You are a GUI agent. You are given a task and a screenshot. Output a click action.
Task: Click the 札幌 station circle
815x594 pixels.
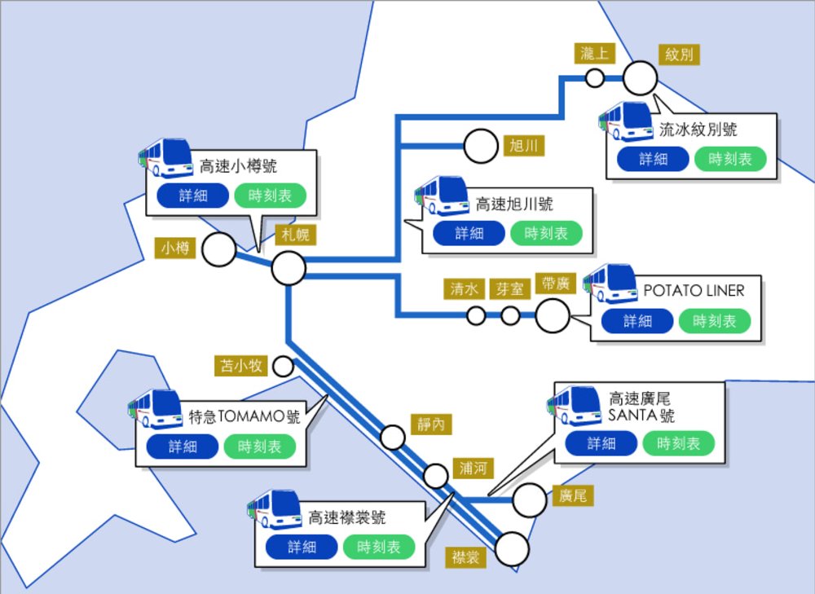[x=289, y=267]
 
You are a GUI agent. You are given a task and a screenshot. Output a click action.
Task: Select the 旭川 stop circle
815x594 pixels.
[x=480, y=147]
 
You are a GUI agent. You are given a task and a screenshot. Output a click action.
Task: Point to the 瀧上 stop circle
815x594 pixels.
[x=595, y=78]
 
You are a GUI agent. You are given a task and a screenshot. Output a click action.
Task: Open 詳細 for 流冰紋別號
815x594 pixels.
[x=653, y=159]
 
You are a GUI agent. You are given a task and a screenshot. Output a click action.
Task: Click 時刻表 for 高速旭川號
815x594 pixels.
[x=546, y=233]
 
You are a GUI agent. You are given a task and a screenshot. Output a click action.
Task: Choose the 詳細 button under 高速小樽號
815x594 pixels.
[x=193, y=196]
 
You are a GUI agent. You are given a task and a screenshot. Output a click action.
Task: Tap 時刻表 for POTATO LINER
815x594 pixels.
[x=714, y=321]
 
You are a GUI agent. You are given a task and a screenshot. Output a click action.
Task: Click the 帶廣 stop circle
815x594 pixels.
[x=553, y=315]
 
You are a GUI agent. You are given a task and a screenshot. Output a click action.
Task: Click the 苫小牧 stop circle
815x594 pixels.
[x=283, y=366]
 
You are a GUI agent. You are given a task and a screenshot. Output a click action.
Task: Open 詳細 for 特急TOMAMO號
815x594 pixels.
[x=183, y=447]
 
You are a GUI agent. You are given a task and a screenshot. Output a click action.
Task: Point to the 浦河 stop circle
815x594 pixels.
[x=437, y=475]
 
